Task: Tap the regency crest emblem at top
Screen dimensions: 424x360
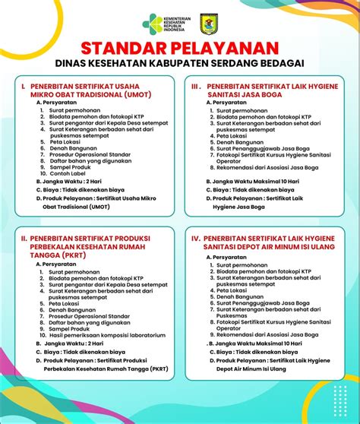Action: [210, 24]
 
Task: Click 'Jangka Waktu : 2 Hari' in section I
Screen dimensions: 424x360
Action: [74, 183]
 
